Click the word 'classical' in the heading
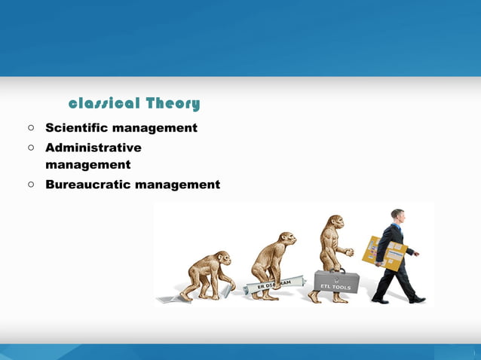click(x=104, y=103)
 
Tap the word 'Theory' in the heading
click(x=173, y=103)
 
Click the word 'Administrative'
click(x=93, y=148)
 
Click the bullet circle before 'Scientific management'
click(x=32, y=128)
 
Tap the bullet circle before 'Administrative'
click(x=32, y=148)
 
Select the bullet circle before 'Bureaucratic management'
click(x=32, y=184)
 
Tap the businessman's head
click(x=397, y=217)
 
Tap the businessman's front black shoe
click(x=418, y=300)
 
